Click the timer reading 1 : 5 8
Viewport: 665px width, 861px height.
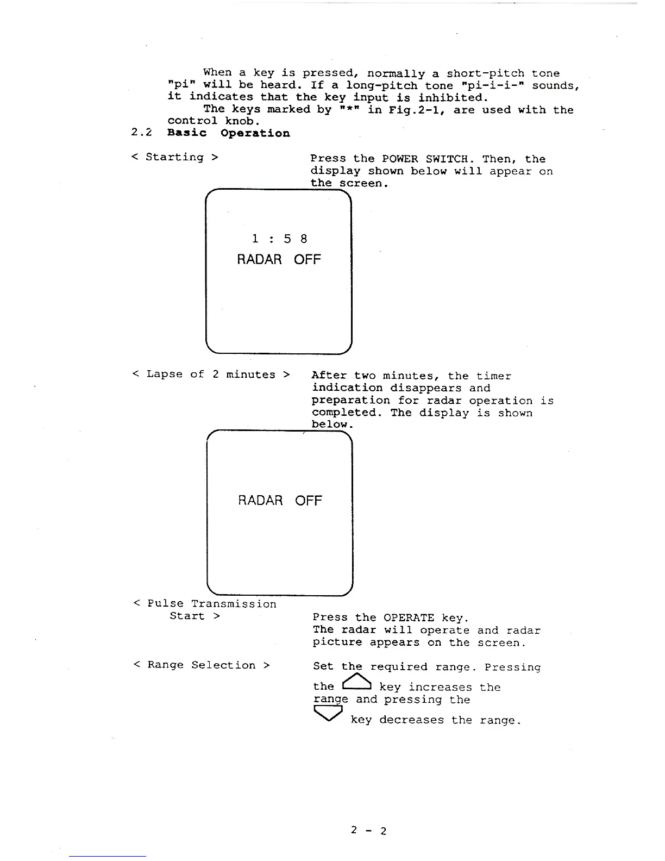tap(279, 239)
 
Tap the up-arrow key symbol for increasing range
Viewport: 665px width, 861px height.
tap(356, 683)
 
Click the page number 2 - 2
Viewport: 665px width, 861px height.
tap(368, 831)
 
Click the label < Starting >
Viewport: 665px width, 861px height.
tap(175, 157)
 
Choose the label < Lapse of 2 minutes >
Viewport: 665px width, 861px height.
tap(211, 374)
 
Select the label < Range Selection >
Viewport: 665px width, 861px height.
tap(202, 665)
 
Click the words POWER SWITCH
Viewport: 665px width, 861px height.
tap(425, 159)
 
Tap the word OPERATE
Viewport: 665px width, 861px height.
tap(409, 617)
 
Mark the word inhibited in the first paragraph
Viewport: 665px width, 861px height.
tap(453, 98)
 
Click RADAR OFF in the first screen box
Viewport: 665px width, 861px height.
tap(279, 259)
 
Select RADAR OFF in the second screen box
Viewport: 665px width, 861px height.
tap(280, 500)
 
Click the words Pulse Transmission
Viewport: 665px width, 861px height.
tap(212, 604)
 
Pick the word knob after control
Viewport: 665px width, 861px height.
tap(240, 121)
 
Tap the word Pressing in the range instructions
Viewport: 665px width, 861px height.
tap(512, 667)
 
